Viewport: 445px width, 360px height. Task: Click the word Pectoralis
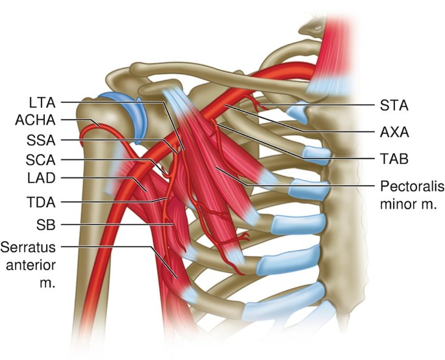[x=411, y=186]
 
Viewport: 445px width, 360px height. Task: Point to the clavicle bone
[x=195, y=71]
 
